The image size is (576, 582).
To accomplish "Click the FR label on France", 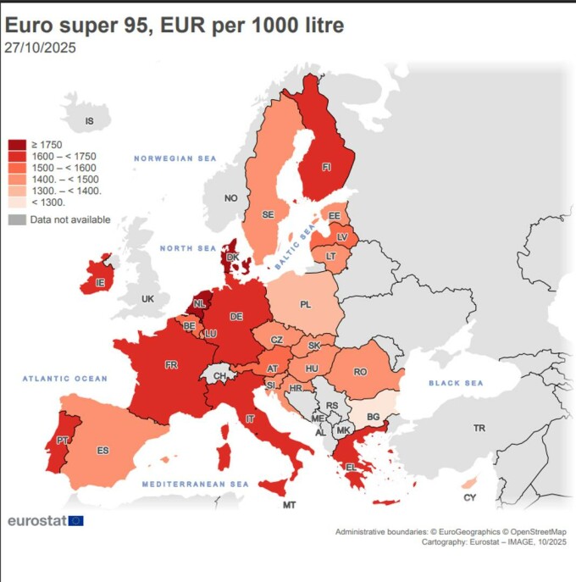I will pos(171,365).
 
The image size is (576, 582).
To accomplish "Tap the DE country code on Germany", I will pos(236,316).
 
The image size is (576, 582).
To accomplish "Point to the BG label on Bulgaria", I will pos(372,418).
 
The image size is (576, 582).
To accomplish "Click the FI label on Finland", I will pos(326,167).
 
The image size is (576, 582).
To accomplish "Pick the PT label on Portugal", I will pos(62,441).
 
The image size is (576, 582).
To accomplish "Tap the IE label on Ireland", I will pos(100,282).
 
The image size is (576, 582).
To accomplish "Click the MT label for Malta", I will pos(289,506).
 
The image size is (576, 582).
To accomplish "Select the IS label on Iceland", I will pos(91,122).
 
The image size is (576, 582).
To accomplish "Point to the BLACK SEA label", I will pos(455,384).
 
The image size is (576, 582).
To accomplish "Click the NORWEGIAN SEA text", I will pos(175,158).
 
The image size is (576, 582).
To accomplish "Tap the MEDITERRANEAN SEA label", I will pos(195,484).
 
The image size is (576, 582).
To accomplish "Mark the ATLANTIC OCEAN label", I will pos(65,379).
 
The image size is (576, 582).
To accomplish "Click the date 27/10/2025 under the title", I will pos(40,48).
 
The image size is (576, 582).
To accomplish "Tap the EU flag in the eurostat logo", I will pos(75,521).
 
